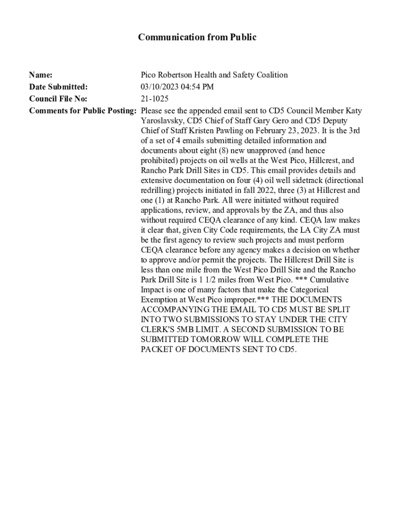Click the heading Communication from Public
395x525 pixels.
pyautogui.click(x=197, y=37)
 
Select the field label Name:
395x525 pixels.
pyautogui.click(x=41, y=75)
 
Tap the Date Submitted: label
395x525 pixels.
pyautogui.click(x=58, y=87)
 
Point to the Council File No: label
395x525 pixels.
pyautogui.click(x=58, y=98)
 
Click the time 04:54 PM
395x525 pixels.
pyautogui.click(x=197, y=87)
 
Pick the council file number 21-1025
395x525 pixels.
pyautogui.click(x=154, y=98)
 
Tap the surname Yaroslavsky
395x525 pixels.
pyautogui.click(x=164, y=120)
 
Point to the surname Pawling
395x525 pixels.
pyautogui.click(x=232, y=130)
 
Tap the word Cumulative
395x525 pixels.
pyautogui.click(x=330, y=279)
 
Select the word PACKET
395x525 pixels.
pyautogui.click(x=156, y=349)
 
